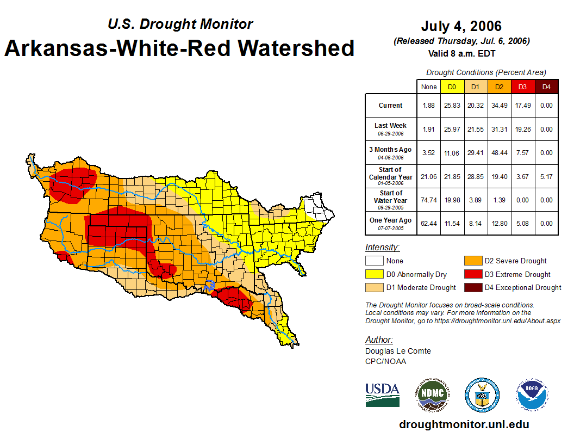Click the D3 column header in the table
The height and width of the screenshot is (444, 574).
[x=522, y=87]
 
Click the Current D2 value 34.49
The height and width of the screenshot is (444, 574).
[x=499, y=106]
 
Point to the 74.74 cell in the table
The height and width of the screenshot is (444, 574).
[x=429, y=200]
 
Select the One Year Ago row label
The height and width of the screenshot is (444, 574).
[x=390, y=220]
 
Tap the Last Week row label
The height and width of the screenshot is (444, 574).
[x=390, y=126]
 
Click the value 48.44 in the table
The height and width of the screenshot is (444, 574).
[x=499, y=153]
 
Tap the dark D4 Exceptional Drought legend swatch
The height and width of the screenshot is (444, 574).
[x=472, y=287]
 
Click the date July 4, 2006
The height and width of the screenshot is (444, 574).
[x=461, y=26]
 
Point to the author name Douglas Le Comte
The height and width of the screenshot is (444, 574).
[x=398, y=351]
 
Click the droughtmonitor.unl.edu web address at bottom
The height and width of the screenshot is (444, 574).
[x=464, y=424]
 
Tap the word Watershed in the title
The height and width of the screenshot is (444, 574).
[x=294, y=48]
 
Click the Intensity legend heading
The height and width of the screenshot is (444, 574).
[x=382, y=248]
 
